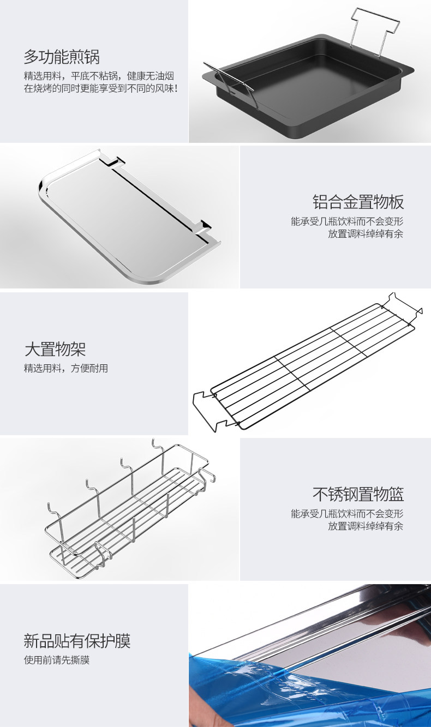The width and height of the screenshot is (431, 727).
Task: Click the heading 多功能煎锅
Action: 62,57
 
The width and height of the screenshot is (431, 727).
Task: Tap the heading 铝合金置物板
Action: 358,202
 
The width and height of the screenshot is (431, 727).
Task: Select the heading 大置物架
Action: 55,349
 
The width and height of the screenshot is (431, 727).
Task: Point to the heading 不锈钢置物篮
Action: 358,494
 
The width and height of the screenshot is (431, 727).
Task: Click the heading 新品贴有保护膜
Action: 77,640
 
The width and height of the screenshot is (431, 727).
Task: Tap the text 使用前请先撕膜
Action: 56,660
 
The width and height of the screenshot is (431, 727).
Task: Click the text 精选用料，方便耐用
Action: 65,368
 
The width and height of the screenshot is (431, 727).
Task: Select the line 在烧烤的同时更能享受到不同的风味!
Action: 100,88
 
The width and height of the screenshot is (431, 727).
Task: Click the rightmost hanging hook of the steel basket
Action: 155,447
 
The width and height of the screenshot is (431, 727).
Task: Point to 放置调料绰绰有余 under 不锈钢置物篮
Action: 366,526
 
